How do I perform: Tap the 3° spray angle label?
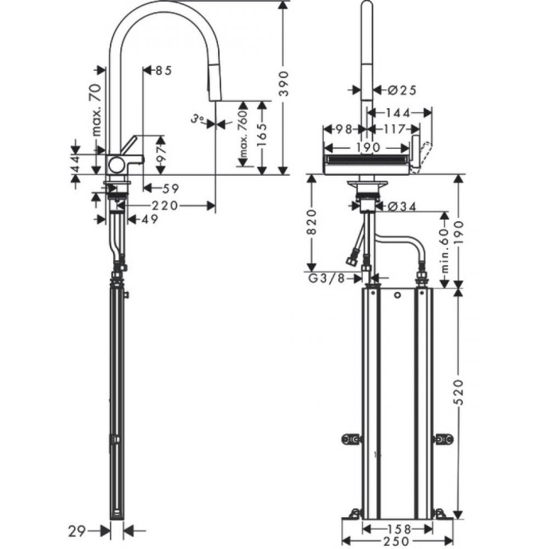pyautogui.click(x=198, y=120)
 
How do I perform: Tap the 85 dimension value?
pyautogui.click(x=162, y=71)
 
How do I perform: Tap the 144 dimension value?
pyautogui.click(x=399, y=113)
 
